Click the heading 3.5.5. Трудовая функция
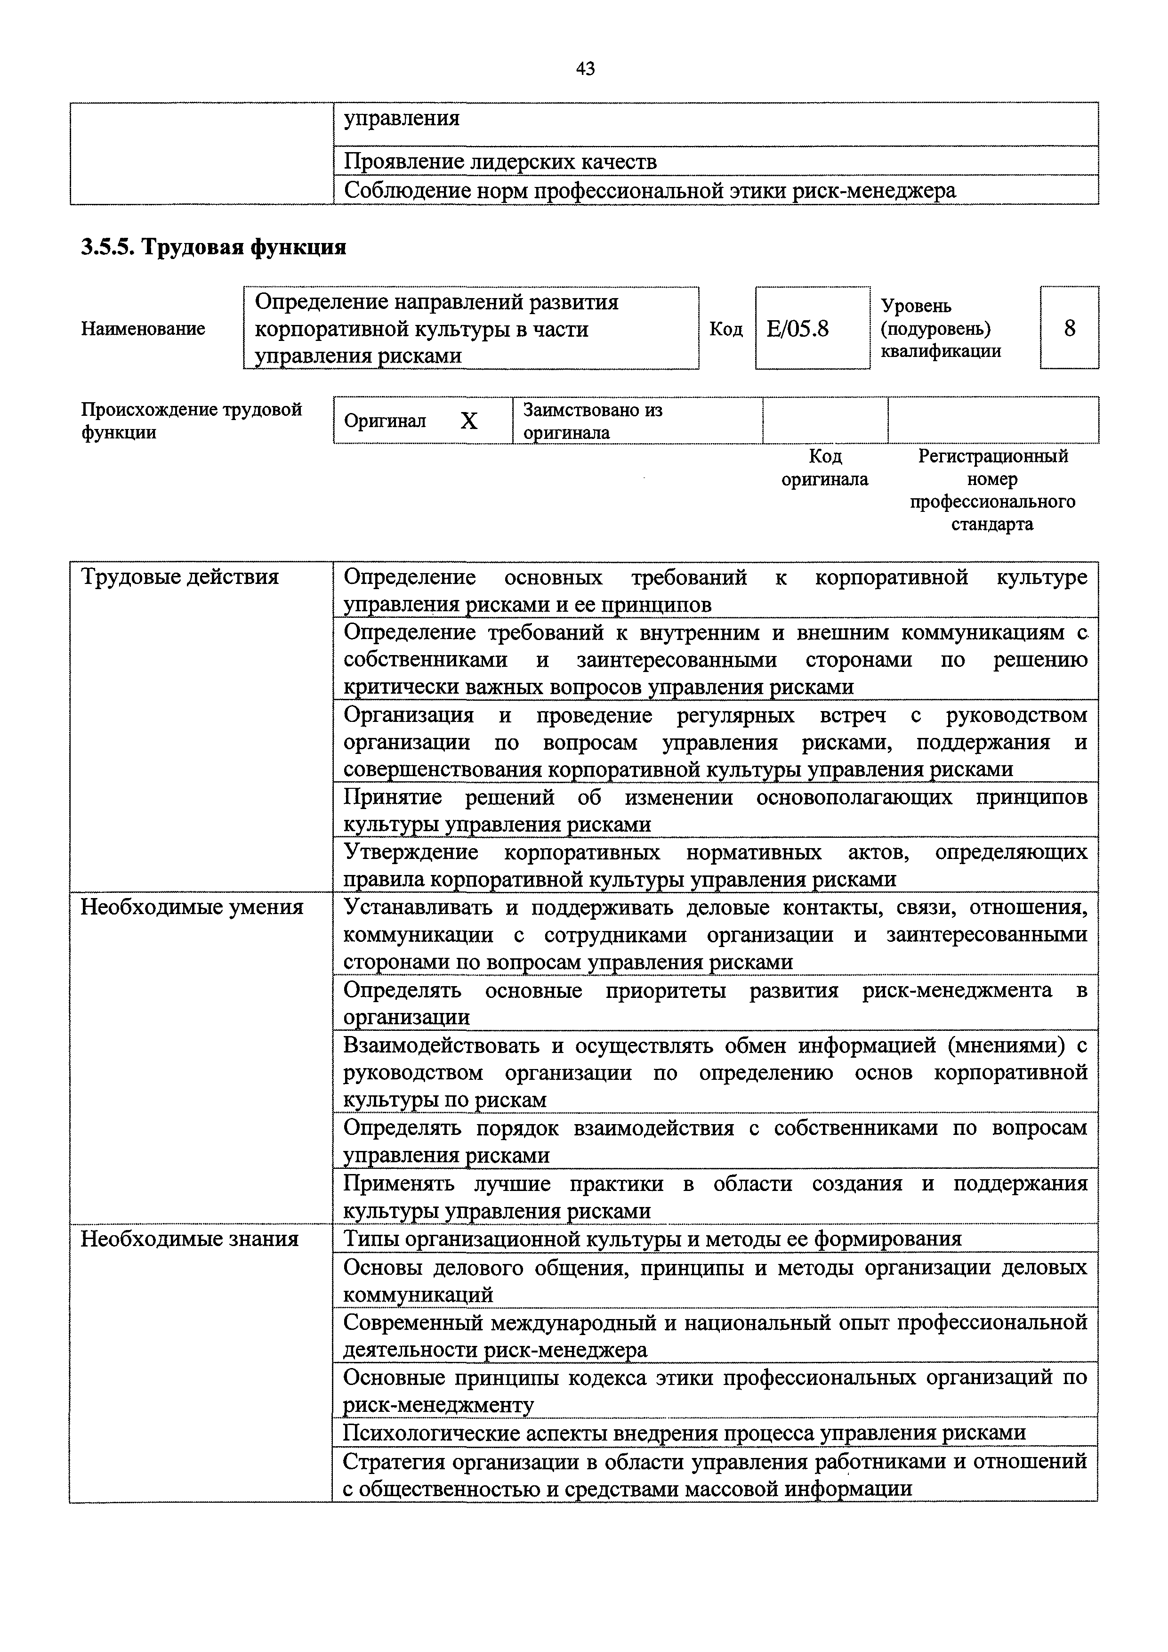coord(214,248)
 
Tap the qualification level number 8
coord(1070,328)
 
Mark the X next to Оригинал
coord(469,421)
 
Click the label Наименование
coord(143,329)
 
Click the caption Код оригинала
coord(825,468)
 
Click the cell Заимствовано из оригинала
coord(593,421)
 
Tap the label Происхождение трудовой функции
coord(191,421)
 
